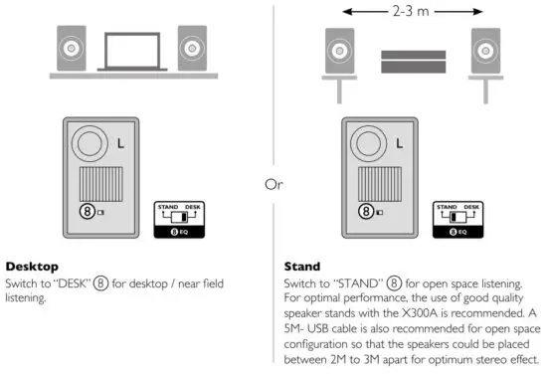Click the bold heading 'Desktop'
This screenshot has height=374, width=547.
pos(31,267)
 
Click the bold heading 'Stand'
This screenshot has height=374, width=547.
pos(288,267)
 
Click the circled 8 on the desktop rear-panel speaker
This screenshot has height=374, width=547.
pos(90,211)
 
